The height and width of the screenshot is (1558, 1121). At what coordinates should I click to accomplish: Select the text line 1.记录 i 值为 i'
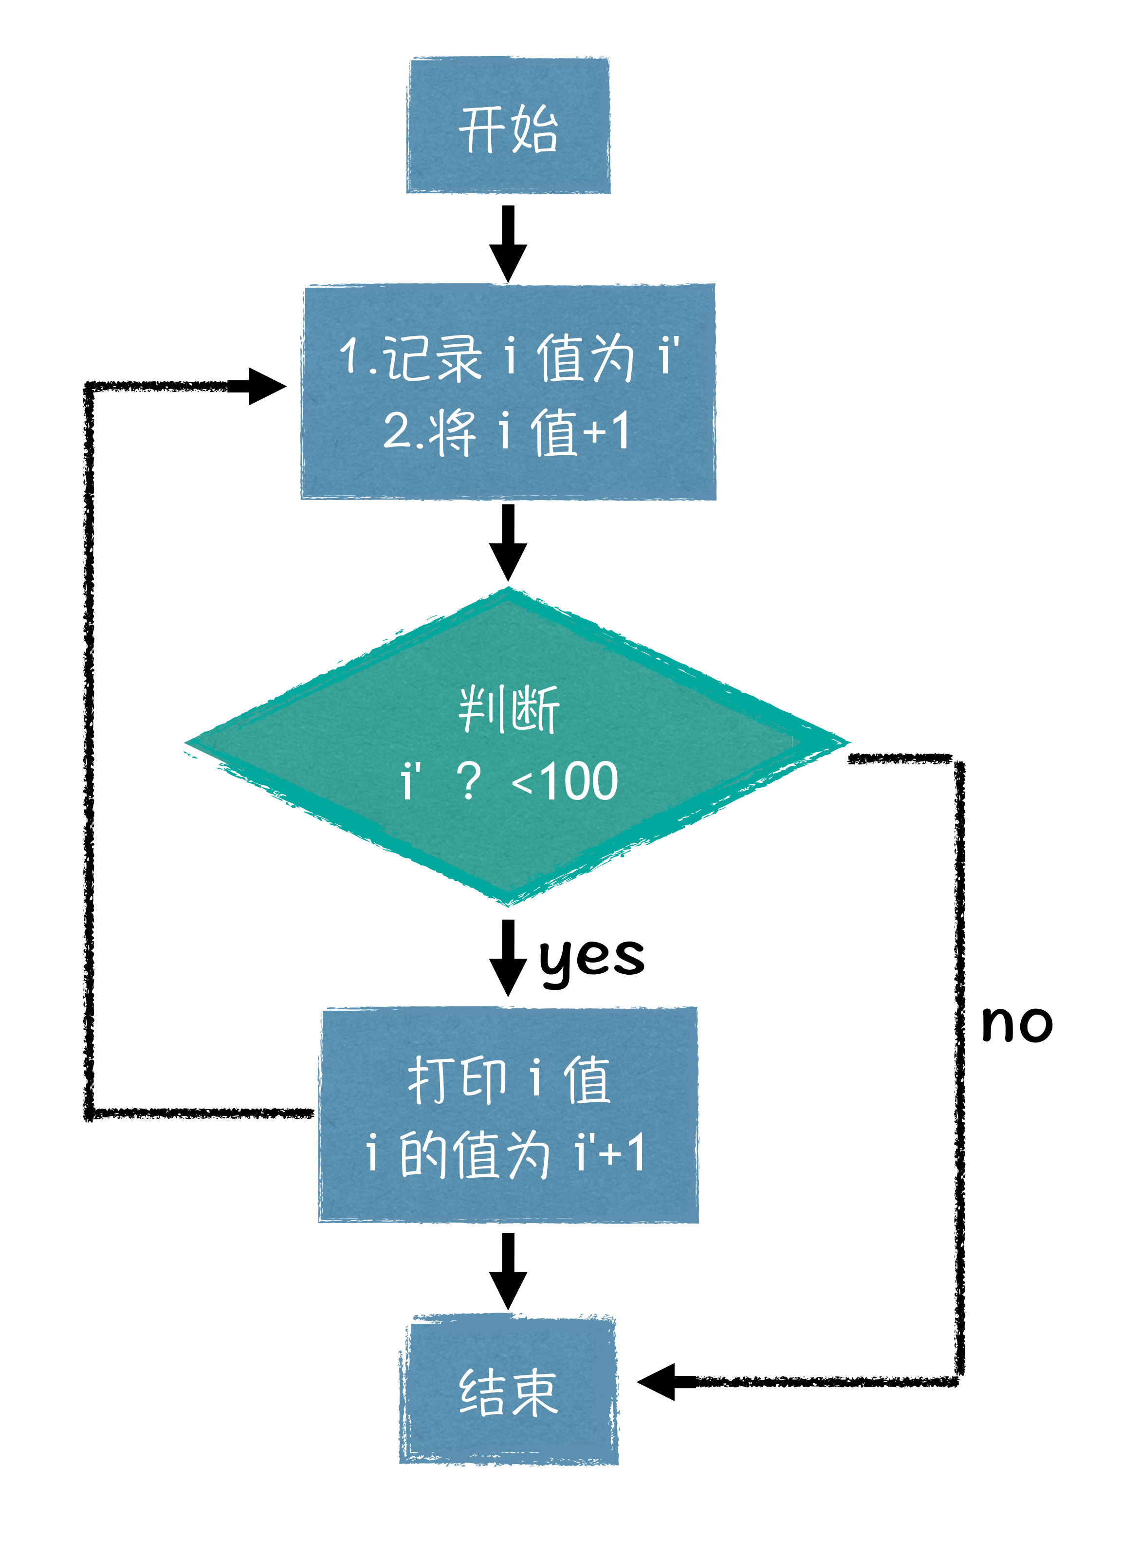point(508,357)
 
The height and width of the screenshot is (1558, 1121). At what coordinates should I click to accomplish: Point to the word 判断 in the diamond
point(508,709)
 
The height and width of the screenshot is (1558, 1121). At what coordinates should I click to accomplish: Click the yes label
point(591,957)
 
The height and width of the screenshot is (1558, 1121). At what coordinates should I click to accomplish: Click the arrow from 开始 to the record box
point(508,244)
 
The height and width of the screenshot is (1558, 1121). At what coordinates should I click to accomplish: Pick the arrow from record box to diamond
point(508,543)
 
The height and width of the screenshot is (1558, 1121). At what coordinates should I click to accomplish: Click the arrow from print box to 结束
point(508,1271)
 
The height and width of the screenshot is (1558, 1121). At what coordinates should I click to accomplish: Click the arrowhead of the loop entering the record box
point(264,387)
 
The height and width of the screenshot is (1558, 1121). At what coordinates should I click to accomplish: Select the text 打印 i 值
point(508,1080)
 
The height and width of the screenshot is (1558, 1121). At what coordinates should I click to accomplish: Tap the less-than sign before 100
point(522,783)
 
